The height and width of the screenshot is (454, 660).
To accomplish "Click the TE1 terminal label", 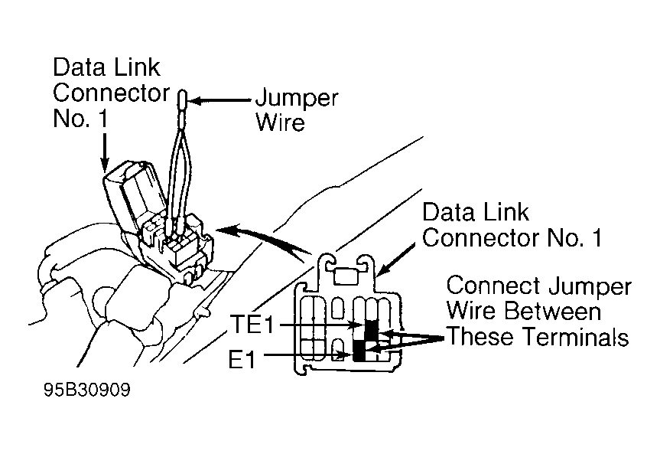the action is pos(252,325).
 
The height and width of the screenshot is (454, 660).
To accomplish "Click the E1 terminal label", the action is pos(242,360).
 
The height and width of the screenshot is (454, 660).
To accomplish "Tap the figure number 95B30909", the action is pos(87,390).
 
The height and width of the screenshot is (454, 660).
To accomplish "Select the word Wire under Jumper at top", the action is pos(281,122).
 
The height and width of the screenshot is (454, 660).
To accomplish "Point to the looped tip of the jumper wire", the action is pos(183,100).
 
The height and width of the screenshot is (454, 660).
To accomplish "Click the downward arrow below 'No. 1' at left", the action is pos(104,152).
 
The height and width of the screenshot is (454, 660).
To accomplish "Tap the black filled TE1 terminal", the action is pos(371,330).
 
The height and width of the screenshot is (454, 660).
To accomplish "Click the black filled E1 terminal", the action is pos(359,351).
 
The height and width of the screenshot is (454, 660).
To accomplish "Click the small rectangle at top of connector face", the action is pos(346,277).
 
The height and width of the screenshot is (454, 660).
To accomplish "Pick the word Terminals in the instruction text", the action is pos(570,337).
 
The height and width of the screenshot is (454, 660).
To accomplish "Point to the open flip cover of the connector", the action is pos(134,194).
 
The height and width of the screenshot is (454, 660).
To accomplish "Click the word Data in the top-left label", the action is pos(76,67).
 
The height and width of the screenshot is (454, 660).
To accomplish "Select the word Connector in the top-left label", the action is pos(111,93).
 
